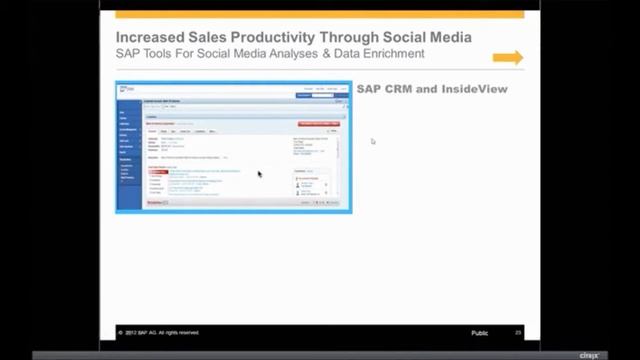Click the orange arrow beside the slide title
coord(507,58)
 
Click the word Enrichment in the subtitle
coord(391,54)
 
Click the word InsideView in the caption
coord(474,89)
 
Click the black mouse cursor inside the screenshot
coord(259,174)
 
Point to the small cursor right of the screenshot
coord(373,141)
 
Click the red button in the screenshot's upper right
coord(318,124)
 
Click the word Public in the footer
coord(482,332)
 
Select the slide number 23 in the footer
coord(518,332)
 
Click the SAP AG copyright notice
coord(161,332)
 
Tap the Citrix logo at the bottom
coord(588,354)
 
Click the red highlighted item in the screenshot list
coord(158,172)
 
